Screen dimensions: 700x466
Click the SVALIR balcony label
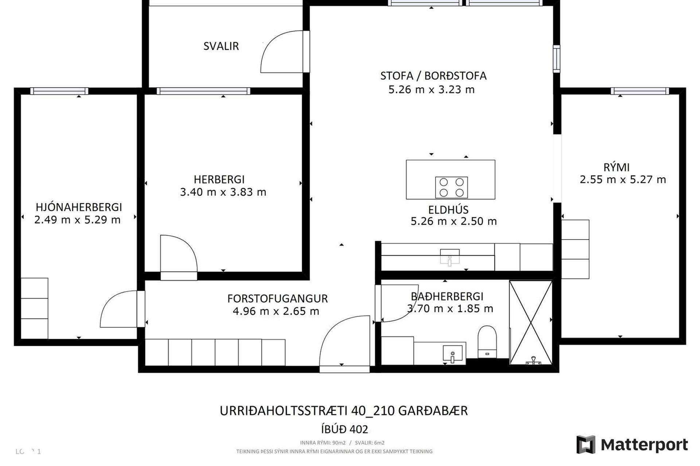coord(221,46)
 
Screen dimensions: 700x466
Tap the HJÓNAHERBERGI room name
coord(79,207)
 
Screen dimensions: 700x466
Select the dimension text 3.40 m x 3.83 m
coord(223,192)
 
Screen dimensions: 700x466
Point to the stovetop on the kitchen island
coord(451,187)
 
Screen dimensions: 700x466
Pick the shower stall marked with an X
coord(531,323)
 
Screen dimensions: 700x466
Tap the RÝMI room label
coord(617,167)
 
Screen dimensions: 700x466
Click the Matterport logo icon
coord(586,445)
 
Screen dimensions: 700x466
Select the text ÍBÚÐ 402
coord(345,430)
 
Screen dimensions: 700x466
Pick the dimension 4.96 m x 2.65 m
coord(276,311)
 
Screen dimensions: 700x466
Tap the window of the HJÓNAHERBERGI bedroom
coord(59,91)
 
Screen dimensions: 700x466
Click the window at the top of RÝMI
coord(640,91)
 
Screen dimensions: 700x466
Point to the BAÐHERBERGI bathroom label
coord(447,296)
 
